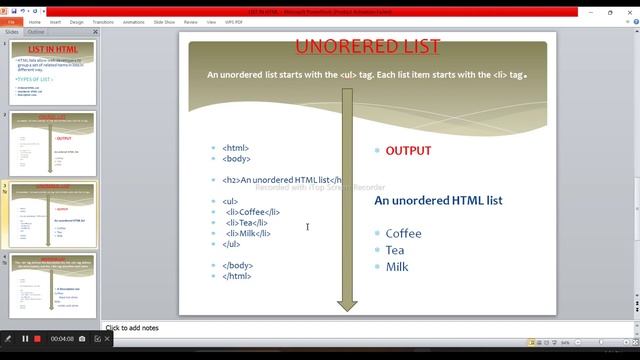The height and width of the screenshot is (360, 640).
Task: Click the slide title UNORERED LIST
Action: [368, 47]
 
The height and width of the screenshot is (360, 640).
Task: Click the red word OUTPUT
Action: [408, 151]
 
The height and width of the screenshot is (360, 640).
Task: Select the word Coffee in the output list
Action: [403, 234]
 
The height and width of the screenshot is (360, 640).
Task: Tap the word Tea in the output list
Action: [395, 250]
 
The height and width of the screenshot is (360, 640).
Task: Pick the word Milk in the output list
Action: [397, 267]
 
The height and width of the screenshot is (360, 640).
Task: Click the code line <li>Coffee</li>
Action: [252, 212]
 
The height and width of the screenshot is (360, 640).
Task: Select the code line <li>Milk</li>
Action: [248, 233]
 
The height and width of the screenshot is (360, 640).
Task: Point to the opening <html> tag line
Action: [236, 148]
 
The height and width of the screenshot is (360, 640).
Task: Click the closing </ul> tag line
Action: [231, 244]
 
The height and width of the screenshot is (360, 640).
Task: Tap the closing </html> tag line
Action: [238, 276]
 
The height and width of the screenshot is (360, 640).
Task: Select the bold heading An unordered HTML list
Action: [438, 201]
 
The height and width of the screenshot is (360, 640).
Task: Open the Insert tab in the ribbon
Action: [57, 21]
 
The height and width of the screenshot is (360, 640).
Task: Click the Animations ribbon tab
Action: [133, 21]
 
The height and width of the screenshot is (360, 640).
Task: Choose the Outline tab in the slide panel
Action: [36, 32]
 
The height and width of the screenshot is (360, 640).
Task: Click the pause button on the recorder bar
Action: [25, 339]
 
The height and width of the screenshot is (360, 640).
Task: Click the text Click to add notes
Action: [132, 328]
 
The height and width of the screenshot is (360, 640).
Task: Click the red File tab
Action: [10, 21]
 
